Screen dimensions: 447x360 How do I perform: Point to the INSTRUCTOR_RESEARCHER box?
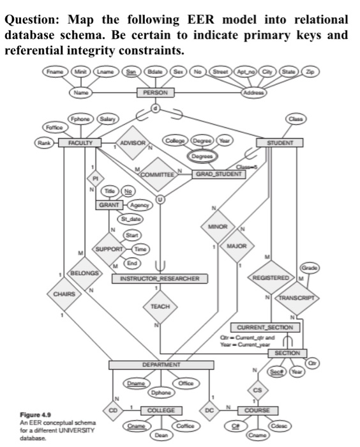point(160,279)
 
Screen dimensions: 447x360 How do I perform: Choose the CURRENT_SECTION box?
point(269,327)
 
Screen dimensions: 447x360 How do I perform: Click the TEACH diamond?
point(160,307)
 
